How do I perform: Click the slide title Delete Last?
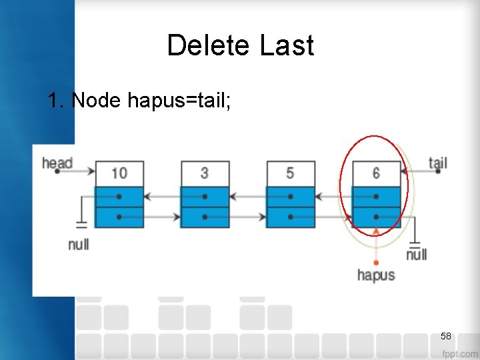tap(240, 46)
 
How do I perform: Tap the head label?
tap(57, 163)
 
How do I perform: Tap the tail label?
tap(437, 162)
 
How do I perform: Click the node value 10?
tap(119, 173)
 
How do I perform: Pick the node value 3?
tap(205, 173)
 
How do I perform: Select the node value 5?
tap(290, 173)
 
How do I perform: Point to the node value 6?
tap(376, 173)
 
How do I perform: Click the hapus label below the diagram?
tap(376, 275)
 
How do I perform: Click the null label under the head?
tap(79, 244)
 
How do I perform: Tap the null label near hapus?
tap(417, 254)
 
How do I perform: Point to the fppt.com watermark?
tap(459, 353)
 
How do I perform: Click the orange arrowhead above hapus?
tap(376, 231)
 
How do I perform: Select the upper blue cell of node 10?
tap(119, 197)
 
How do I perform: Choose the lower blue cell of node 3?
tap(205, 217)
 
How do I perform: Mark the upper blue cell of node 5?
tap(290, 197)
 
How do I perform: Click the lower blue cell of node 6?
tap(376, 217)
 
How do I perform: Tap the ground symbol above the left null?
tap(81, 224)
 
